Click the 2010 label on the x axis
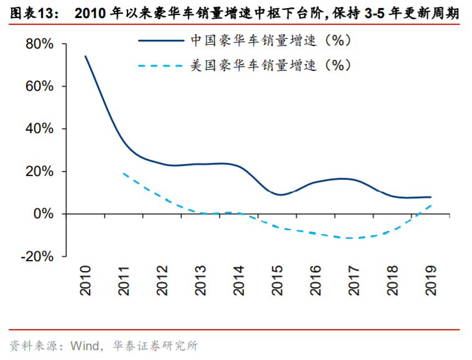[86, 280]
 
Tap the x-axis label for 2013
[201, 280]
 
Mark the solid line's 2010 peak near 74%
[86, 57]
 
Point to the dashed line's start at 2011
[124, 173]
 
